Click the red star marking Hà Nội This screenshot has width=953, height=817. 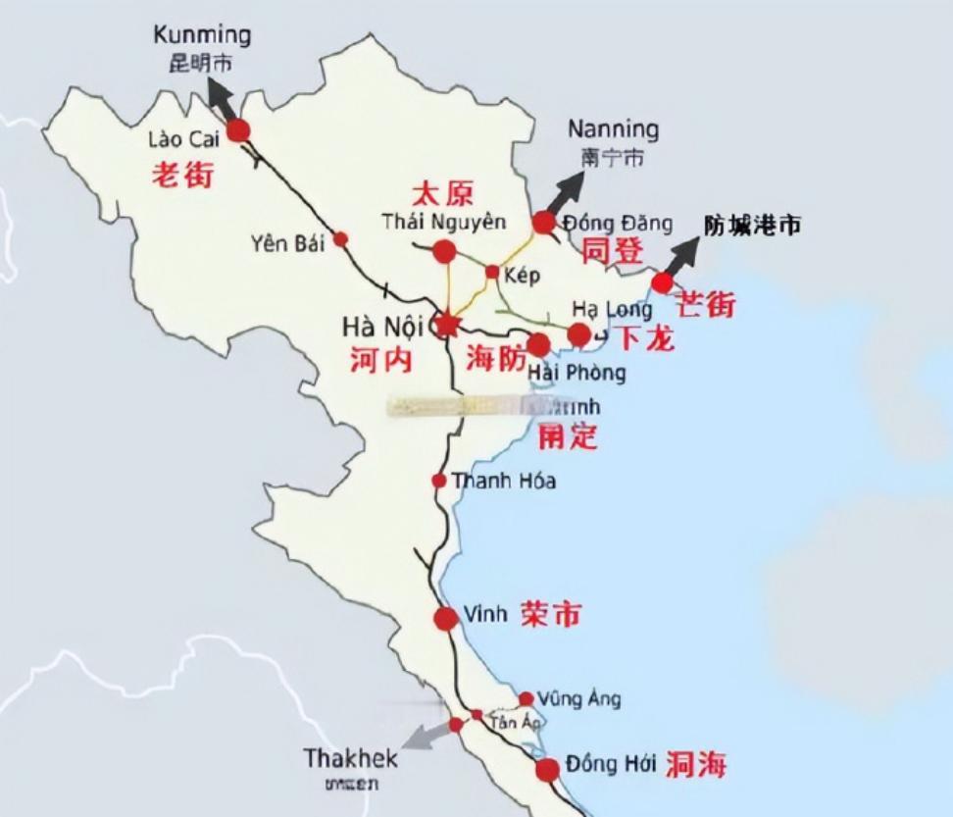coord(447,323)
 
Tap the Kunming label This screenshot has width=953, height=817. coord(202,36)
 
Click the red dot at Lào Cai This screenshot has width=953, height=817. coord(238,130)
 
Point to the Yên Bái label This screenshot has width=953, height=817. coord(286,243)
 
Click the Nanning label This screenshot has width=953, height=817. coord(613,129)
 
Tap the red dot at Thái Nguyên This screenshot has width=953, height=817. coord(444,252)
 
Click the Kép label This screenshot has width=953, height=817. coord(521,276)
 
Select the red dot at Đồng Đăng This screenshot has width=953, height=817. coord(544,223)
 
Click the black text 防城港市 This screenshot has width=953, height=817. coord(752,225)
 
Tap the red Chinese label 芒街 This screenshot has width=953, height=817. coord(707,305)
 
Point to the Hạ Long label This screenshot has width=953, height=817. coord(612,310)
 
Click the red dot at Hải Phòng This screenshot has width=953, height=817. coord(538,344)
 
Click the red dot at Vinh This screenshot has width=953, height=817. coord(446,619)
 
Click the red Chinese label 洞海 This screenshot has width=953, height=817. coord(696,765)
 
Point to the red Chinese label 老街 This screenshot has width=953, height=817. coord(181,175)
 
